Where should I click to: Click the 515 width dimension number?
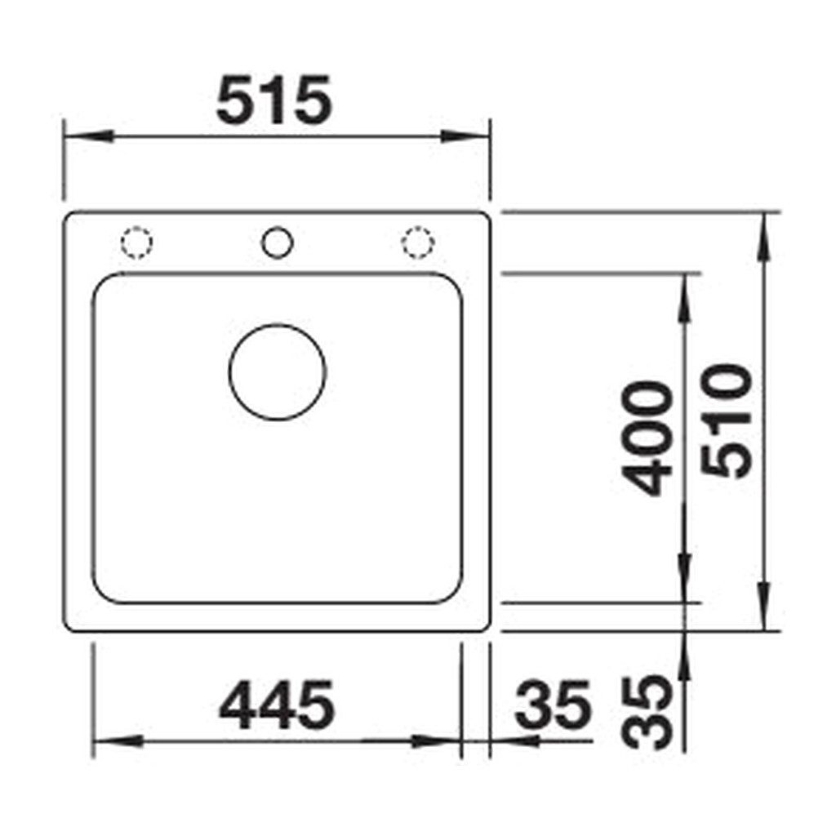(274, 100)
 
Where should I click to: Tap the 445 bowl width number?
(277, 705)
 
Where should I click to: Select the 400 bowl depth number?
(647, 438)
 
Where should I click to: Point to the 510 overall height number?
(727, 420)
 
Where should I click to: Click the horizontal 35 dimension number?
(553, 705)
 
